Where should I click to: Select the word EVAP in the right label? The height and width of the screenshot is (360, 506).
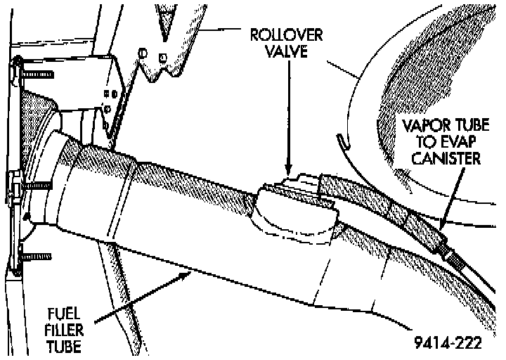tap(460, 143)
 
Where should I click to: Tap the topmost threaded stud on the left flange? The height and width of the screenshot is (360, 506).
tap(28, 72)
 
